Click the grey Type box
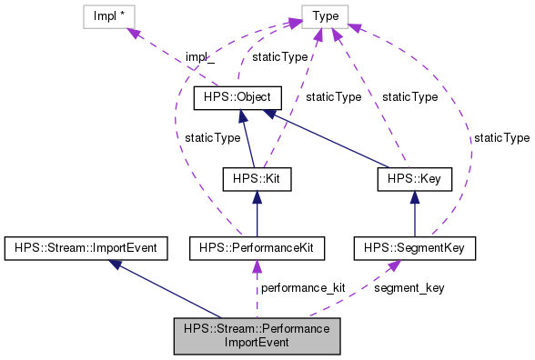(324, 16)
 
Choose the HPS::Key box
(414, 179)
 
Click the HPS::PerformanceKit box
(257, 246)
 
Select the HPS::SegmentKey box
(413, 246)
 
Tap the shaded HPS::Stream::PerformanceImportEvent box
(257, 335)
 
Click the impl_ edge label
(198, 57)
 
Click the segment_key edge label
(409, 288)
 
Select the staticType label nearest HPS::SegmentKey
(500, 137)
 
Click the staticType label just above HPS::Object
(279, 57)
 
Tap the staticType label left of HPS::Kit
(212, 137)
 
